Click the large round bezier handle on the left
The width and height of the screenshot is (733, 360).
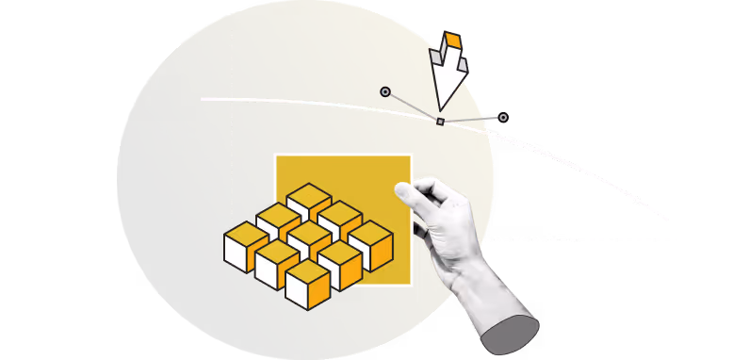(385, 91)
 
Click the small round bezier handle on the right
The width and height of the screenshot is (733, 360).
(503, 118)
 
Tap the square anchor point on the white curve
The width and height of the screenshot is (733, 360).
(440, 121)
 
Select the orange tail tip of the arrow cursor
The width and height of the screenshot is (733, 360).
(452, 41)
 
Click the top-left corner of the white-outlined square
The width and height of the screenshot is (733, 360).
(275, 155)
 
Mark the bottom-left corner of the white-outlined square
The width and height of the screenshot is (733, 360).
(275, 284)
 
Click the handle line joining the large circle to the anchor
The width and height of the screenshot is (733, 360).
(412, 106)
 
